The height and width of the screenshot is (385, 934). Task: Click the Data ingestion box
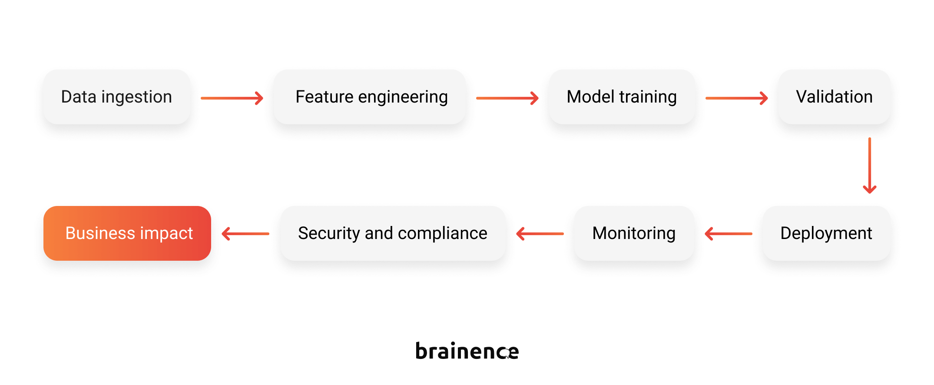pos(116,97)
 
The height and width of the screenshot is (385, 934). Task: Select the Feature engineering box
pos(370,97)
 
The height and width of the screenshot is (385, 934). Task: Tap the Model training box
pos(622,97)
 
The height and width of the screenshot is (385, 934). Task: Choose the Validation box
pos(834,97)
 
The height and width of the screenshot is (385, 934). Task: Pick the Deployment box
pos(826,233)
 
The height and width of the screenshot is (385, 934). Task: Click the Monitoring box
pos(634,233)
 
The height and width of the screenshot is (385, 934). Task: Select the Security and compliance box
pos(393,233)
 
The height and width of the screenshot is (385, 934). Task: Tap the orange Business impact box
pos(127,233)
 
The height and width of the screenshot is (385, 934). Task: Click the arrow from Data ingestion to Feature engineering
pos(232,98)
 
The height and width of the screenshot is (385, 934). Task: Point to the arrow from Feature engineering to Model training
pos(507,98)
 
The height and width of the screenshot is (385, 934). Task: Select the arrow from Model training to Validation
pos(737,98)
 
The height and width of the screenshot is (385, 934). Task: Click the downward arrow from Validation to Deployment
pos(870,166)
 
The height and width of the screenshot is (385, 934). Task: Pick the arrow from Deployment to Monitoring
pos(729,234)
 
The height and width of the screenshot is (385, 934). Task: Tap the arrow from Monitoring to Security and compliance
pos(540,234)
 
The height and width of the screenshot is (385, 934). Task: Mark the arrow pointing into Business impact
pos(245,234)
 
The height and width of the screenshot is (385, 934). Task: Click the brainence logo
pos(467,351)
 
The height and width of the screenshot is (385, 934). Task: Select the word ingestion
pos(136,97)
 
